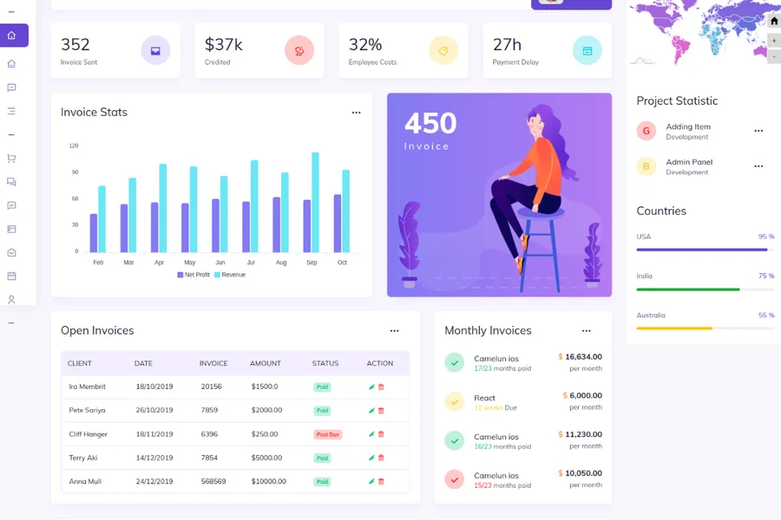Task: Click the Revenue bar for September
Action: coord(315,202)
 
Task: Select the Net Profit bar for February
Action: coord(94,232)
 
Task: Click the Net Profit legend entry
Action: coord(194,275)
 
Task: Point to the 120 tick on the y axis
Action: coord(74,146)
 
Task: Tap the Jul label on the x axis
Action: coord(251,263)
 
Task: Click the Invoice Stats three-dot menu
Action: coord(356,113)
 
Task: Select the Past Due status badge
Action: coord(327,434)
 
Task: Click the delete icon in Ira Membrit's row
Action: coord(381,387)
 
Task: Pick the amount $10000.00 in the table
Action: coord(268,481)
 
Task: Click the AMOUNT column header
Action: coord(266,363)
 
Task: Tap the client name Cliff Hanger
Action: coord(89,434)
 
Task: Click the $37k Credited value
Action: coord(223,44)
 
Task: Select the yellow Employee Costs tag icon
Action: coord(443,51)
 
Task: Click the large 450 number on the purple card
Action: coord(430,123)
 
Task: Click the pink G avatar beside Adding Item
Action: coord(646,131)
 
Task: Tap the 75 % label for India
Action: coord(765,276)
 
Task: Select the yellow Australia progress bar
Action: coord(674,328)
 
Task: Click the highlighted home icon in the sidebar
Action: coord(12,36)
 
